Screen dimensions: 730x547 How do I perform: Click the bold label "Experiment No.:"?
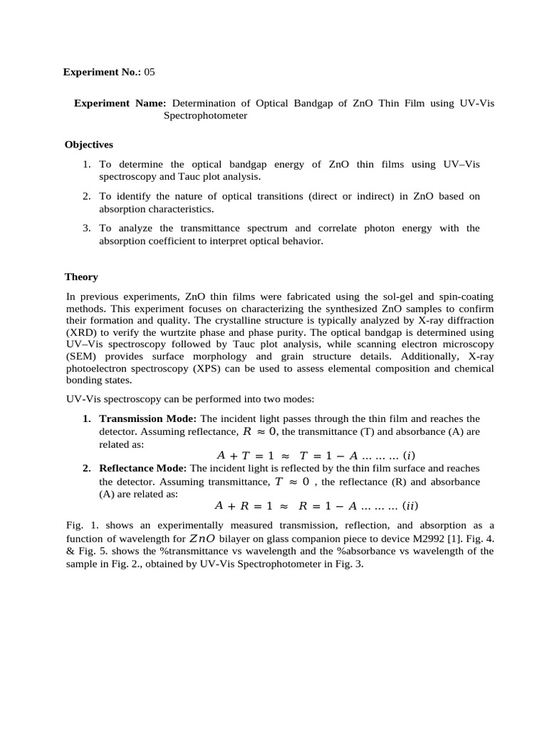(x=103, y=72)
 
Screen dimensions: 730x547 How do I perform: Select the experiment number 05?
(x=150, y=72)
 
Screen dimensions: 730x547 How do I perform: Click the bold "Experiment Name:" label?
(x=120, y=103)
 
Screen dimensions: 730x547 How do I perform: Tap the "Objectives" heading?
(x=89, y=144)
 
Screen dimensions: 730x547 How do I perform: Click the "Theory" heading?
(x=81, y=277)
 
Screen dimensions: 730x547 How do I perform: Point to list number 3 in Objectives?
(x=86, y=228)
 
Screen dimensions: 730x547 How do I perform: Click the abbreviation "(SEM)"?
(x=83, y=356)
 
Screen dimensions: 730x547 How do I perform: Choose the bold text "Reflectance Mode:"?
(x=143, y=468)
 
